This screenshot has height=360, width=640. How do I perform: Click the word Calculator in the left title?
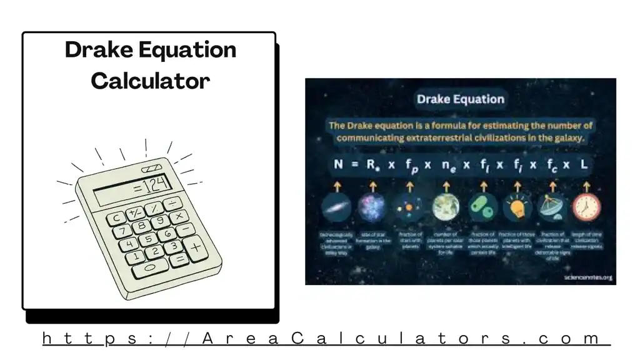pyautogui.click(x=150, y=81)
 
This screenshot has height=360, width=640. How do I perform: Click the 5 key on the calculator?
pyautogui.click(x=148, y=239)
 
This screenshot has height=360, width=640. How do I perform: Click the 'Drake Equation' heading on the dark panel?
pyautogui.click(x=460, y=99)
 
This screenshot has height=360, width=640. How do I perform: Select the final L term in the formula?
pyautogui.click(x=586, y=165)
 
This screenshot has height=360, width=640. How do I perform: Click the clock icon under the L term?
pyautogui.click(x=586, y=207)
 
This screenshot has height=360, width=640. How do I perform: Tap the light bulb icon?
pyautogui.click(x=517, y=207)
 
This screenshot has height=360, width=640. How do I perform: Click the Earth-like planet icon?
pyautogui.click(x=446, y=207)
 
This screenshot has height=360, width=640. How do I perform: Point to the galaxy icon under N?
pyautogui.click(x=337, y=207)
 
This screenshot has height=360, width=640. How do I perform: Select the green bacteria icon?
pyautogui.click(x=482, y=207)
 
